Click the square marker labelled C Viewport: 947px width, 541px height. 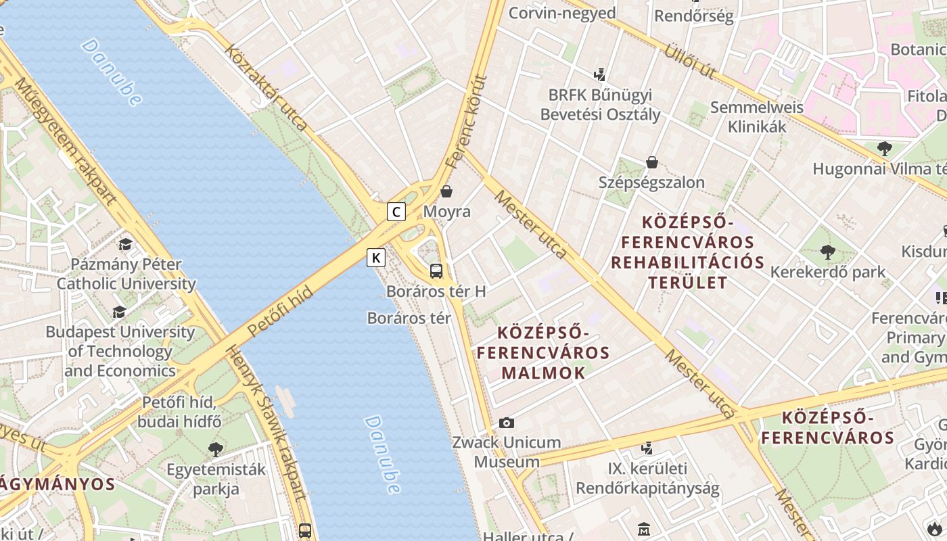point(396,212)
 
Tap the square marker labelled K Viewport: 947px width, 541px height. point(376,257)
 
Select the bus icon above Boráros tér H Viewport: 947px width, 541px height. point(436,271)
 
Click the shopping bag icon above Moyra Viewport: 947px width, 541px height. point(446,191)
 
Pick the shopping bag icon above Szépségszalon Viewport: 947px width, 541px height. point(652,162)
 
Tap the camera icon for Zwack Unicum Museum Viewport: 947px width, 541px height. point(507,423)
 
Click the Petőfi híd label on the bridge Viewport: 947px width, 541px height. point(279,311)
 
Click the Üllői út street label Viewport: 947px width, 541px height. point(689,61)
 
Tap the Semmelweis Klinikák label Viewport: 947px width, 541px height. point(756,116)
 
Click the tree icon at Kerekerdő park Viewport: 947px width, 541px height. point(827,252)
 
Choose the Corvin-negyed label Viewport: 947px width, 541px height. point(561,13)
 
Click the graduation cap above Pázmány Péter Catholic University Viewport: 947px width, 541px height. point(125,244)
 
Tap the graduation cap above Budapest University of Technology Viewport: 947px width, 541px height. point(120,312)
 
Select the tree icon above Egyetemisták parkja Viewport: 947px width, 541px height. point(216,449)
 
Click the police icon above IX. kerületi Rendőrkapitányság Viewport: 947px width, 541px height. point(647,448)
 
